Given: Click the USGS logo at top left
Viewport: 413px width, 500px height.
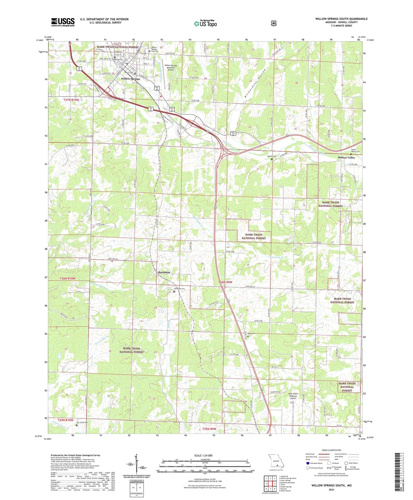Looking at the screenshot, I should (63, 22).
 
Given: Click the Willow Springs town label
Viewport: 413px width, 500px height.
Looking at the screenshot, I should (131, 78).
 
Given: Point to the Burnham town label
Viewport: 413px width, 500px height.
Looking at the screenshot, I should (164, 272).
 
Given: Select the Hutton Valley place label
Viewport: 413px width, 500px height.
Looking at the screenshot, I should (346, 158).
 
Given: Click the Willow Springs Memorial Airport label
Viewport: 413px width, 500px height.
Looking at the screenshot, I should (171, 68).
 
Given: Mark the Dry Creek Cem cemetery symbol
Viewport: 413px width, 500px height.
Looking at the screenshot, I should (77, 425).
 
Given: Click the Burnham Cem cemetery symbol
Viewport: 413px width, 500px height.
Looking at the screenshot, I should (174, 292).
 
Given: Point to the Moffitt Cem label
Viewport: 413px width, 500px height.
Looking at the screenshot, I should (272, 156).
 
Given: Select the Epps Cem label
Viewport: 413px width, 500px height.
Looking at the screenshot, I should (251, 334).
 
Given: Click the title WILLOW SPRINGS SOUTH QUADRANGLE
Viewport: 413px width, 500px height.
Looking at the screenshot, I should (341, 19).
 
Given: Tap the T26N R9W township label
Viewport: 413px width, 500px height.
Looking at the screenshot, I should (226, 282).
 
